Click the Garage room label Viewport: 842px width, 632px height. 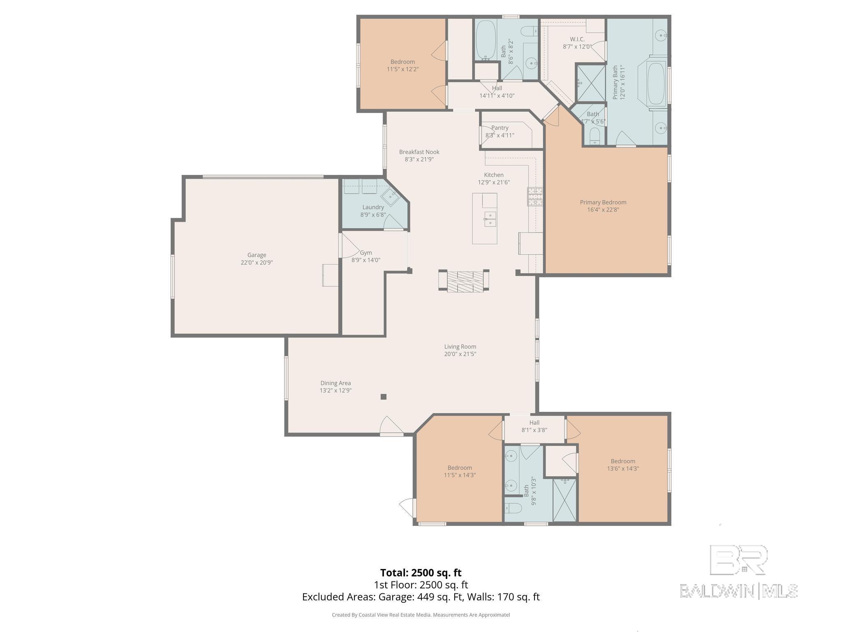[x=257, y=255]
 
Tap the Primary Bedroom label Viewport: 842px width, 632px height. [x=603, y=202]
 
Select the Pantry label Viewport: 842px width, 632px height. [x=500, y=128]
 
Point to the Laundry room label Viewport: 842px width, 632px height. [x=373, y=207]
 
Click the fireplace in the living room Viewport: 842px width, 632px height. [x=464, y=281]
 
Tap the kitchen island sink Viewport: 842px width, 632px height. [x=490, y=219]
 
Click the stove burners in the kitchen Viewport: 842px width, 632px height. [x=535, y=197]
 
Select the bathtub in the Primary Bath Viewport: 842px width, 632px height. [x=656, y=84]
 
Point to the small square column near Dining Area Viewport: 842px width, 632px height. [x=383, y=397]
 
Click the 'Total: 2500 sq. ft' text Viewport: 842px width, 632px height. [x=421, y=573]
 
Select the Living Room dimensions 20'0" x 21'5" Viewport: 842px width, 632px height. [x=460, y=354]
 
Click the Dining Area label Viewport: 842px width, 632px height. [x=335, y=383]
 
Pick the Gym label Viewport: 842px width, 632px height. [x=366, y=253]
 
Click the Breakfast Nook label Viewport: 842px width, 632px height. [x=419, y=152]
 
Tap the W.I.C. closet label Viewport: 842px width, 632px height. [x=577, y=39]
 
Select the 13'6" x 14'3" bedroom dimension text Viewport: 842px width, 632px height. [x=623, y=468]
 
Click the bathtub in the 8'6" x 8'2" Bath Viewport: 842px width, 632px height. [x=486, y=40]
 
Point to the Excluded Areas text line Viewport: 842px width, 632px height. [x=421, y=597]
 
